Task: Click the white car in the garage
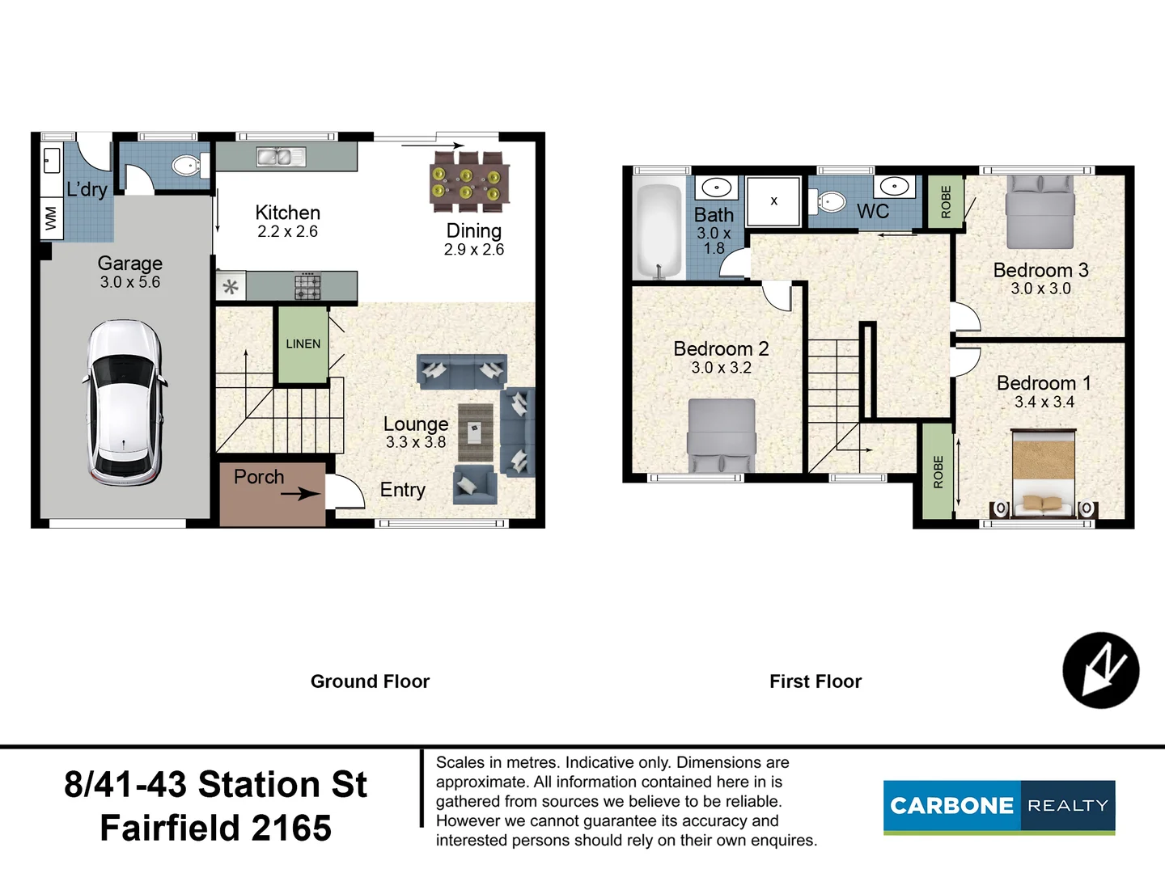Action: click(x=124, y=403)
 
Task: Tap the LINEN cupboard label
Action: click(x=303, y=344)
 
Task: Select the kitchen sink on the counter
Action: click(x=281, y=156)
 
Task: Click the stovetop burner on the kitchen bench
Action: click(x=307, y=287)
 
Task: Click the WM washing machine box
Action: click(x=52, y=218)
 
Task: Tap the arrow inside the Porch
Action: click(x=300, y=494)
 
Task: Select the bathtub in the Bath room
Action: click(x=659, y=231)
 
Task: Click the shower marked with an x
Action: click(x=773, y=201)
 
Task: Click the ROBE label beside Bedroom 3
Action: click(x=946, y=202)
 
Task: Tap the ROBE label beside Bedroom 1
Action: click(x=938, y=472)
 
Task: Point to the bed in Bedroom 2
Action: click(x=722, y=435)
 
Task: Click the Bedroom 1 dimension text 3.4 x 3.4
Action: click(x=1044, y=403)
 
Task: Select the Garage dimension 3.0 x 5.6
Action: click(x=130, y=282)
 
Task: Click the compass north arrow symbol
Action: click(x=1101, y=670)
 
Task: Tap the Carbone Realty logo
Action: click(x=999, y=808)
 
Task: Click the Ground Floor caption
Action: click(x=370, y=681)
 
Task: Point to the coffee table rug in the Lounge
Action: click(x=476, y=432)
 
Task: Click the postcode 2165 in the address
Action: click(x=291, y=828)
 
